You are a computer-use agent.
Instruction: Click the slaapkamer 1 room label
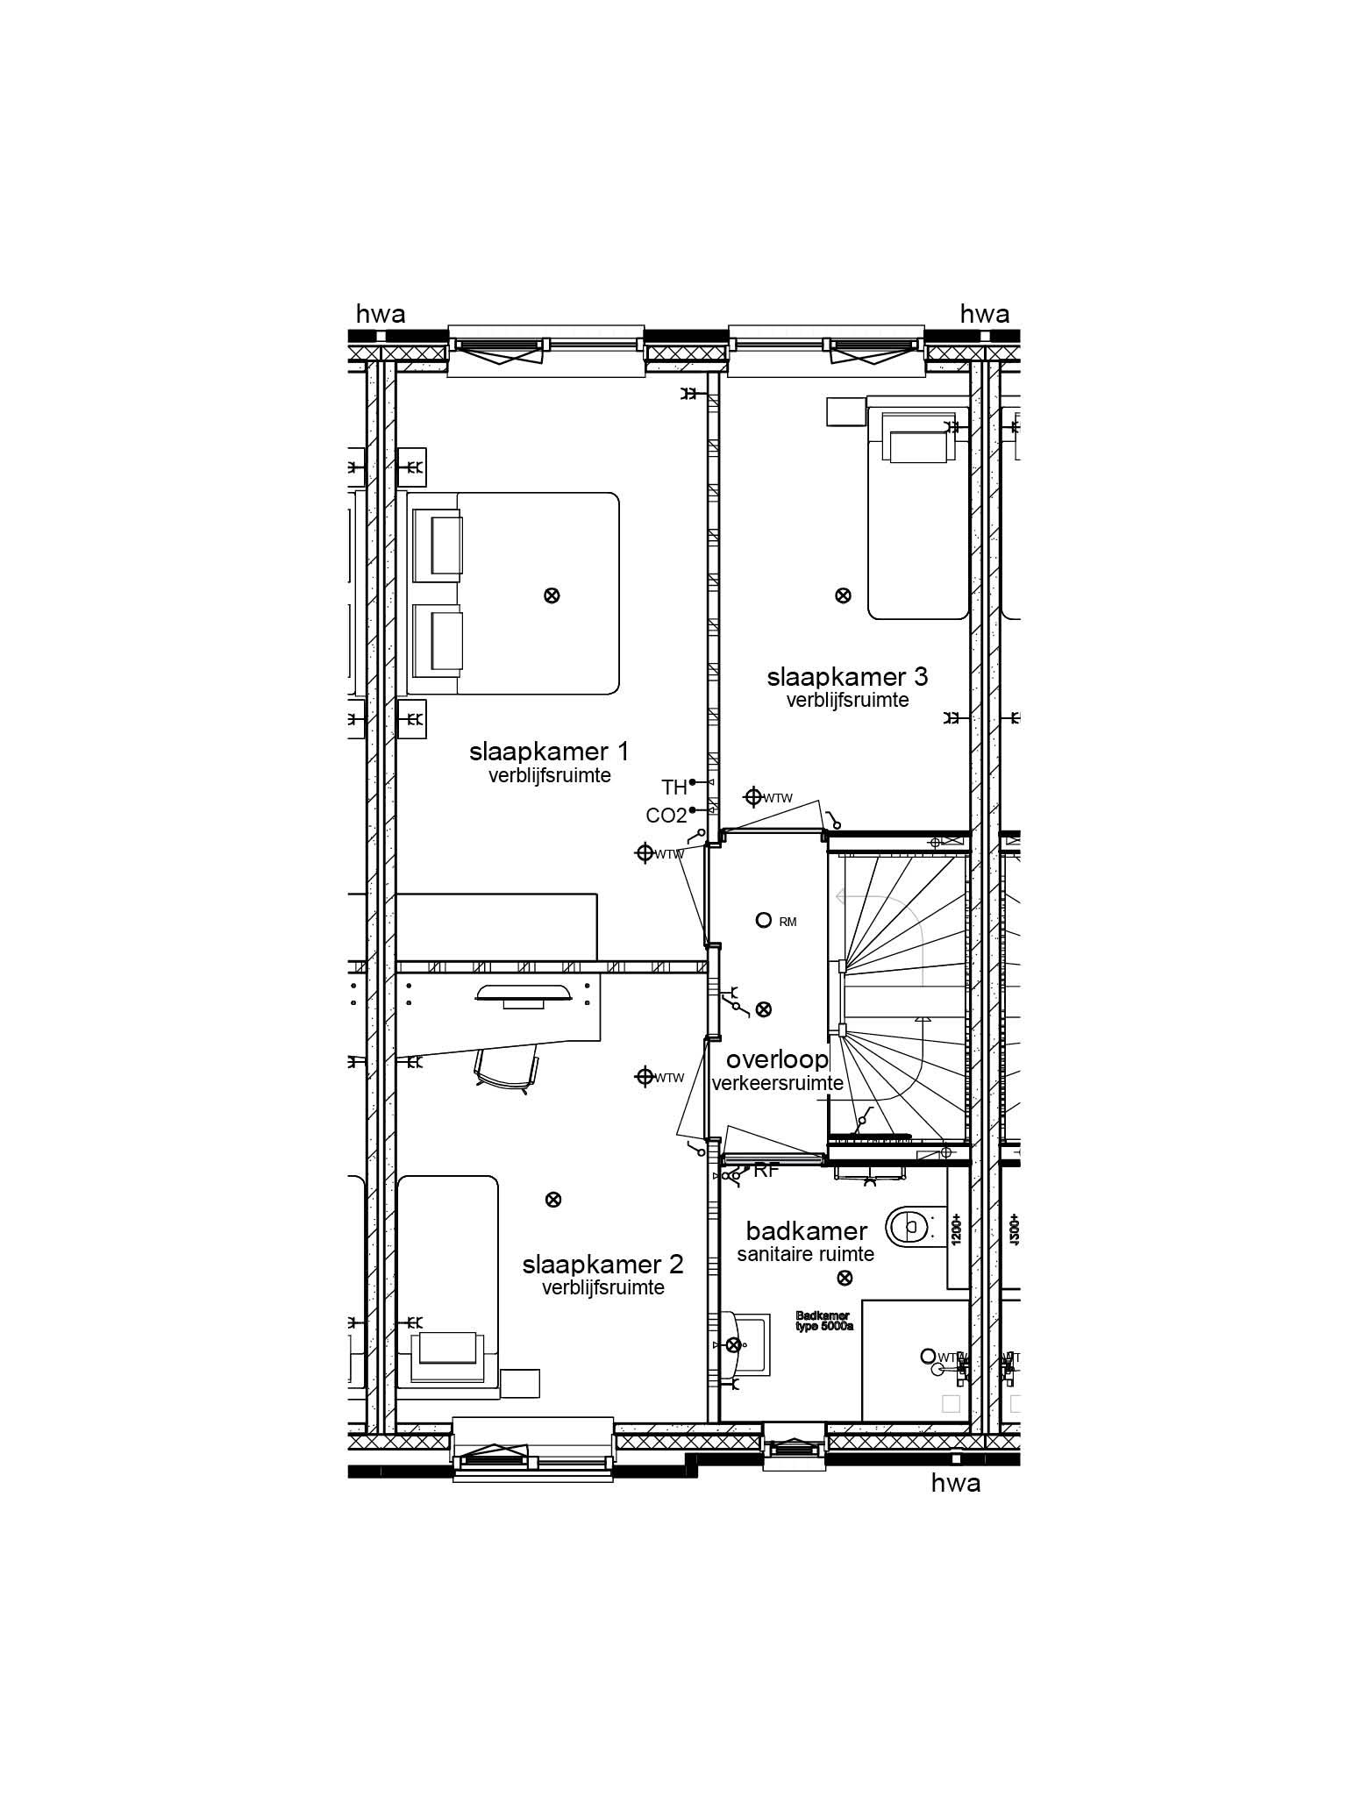549,752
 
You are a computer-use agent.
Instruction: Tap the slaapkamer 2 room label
602,1265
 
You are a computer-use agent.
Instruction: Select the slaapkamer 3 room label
847,677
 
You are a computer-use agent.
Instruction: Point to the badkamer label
806,1230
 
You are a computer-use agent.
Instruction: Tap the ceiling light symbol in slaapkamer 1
552,595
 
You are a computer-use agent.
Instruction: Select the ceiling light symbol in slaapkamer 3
843,595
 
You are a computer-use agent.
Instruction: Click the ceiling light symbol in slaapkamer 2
552,1200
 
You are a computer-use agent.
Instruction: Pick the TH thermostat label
674,787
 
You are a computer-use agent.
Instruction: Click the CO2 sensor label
666,816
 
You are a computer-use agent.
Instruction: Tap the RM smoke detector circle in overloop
763,920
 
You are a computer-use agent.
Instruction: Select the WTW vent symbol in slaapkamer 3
752,797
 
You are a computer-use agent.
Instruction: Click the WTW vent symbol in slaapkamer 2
645,1077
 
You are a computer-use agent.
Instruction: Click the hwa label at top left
381,314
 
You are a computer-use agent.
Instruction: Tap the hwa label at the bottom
955,1483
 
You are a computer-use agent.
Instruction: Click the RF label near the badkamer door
766,1171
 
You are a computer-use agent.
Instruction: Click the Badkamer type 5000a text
823,1321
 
